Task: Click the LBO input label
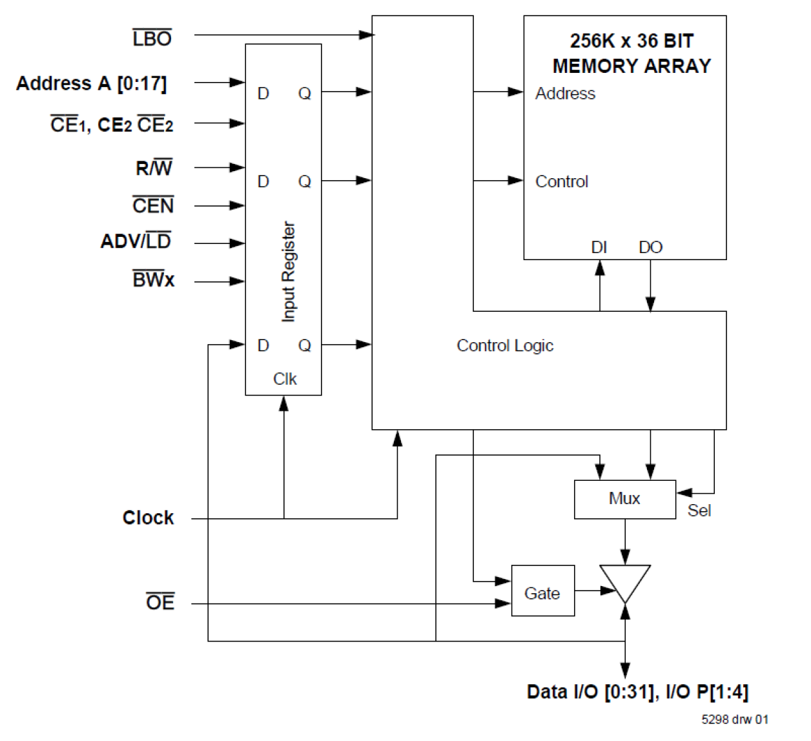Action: click(x=152, y=39)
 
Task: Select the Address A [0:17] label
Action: click(x=91, y=83)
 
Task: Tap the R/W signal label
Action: click(x=154, y=168)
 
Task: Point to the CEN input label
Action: click(x=153, y=206)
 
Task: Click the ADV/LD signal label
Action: click(x=136, y=241)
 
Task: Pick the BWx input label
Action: click(x=154, y=280)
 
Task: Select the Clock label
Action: click(x=148, y=518)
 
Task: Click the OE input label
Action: click(x=160, y=602)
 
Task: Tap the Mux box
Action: click(x=624, y=499)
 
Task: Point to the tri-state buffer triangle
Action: click(x=624, y=582)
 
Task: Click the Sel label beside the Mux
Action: click(x=699, y=511)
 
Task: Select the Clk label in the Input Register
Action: click(x=285, y=379)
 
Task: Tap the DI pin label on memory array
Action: click(x=599, y=247)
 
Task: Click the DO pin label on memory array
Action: click(x=650, y=247)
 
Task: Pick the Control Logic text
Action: click(x=504, y=346)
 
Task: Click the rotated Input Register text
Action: click(x=288, y=272)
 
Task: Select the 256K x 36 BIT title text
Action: click(x=631, y=41)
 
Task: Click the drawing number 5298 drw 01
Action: click(x=735, y=719)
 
